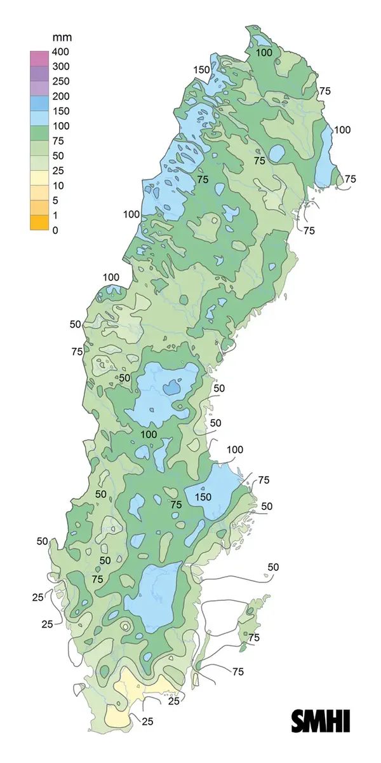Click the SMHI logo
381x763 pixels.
click(321, 721)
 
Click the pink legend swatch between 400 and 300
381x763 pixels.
click(39, 59)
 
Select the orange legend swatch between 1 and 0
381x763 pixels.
click(39, 223)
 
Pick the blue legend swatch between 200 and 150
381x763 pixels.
click(39, 104)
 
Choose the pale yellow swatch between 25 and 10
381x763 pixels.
click(39, 178)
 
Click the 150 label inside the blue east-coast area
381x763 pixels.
click(203, 497)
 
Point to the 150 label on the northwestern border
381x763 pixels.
click(201, 70)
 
